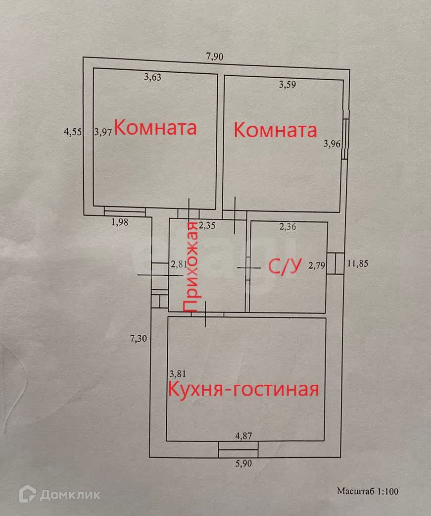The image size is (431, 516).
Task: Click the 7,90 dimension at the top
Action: pyautogui.click(x=215, y=56)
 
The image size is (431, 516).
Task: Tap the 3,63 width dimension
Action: pyautogui.click(x=153, y=77)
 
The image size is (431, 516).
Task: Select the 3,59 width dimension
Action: pyautogui.click(x=287, y=85)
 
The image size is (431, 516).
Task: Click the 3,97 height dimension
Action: pyautogui.click(x=103, y=132)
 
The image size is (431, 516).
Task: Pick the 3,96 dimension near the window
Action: pyautogui.click(x=332, y=144)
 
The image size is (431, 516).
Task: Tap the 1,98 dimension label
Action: pyautogui.click(x=120, y=222)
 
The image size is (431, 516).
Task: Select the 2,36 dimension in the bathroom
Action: pyautogui.click(x=288, y=227)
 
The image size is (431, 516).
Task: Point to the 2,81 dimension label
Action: pyautogui.click(x=178, y=264)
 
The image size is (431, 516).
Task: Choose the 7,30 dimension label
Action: pyautogui.click(x=139, y=339)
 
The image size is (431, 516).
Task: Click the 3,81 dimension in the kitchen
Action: pyautogui.click(x=178, y=374)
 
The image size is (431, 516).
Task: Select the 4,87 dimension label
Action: pyautogui.click(x=243, y=436)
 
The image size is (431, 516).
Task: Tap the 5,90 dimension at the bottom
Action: pyautogui.click(x=243, y=464)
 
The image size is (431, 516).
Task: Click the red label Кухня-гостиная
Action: pyautogui.click(x=243, y=389)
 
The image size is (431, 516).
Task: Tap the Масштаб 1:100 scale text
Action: pyautogui.click(x=368, y=492)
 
